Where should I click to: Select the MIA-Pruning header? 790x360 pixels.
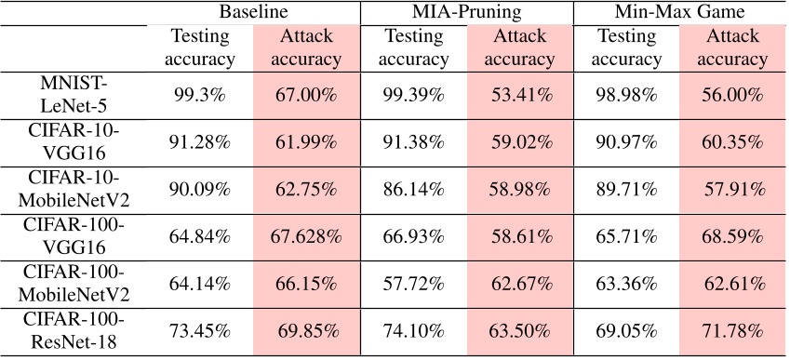[x=465, y=13]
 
